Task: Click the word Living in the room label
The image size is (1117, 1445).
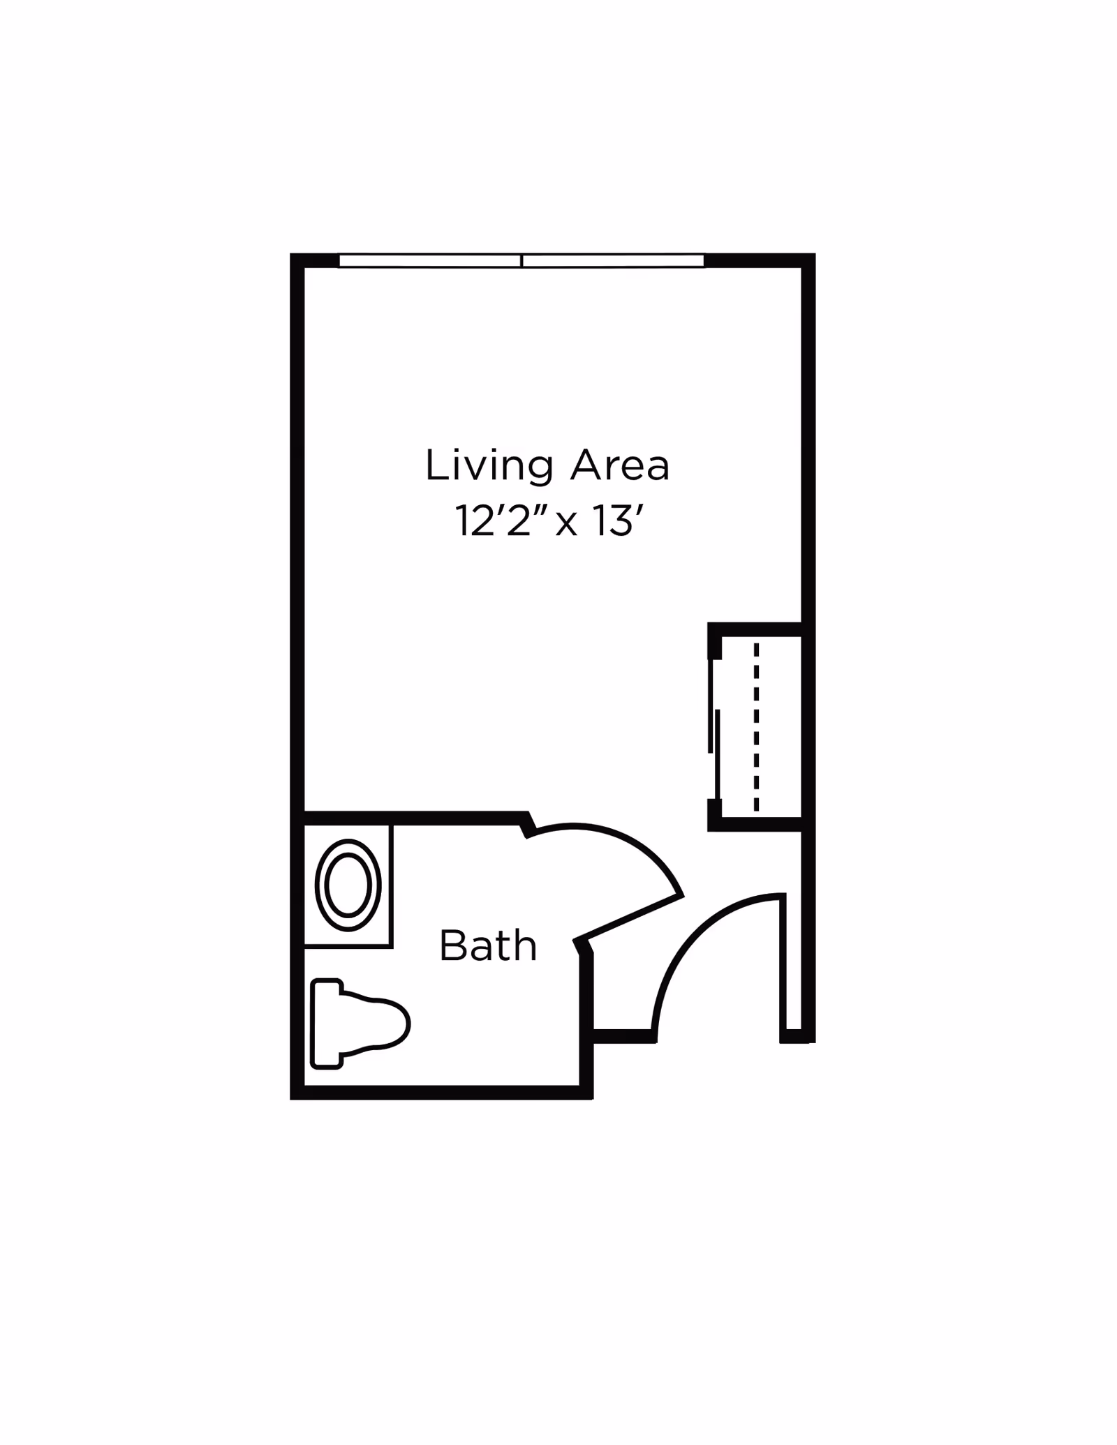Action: click(489, 467)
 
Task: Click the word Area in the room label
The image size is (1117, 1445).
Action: click(620, 465)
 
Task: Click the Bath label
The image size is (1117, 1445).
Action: click(488, 946)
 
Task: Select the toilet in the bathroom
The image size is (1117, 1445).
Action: click(360, 1024)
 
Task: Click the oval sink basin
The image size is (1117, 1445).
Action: click(348, 885)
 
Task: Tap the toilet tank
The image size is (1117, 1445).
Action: click(326, 1024)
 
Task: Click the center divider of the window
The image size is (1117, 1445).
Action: click(521, 260)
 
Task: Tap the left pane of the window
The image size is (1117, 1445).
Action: click(430, 260)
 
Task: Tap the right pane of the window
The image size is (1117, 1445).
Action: click(613, 260)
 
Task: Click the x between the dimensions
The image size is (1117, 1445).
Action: click(566, 525)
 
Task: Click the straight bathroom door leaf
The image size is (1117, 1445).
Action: click(628, 918)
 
